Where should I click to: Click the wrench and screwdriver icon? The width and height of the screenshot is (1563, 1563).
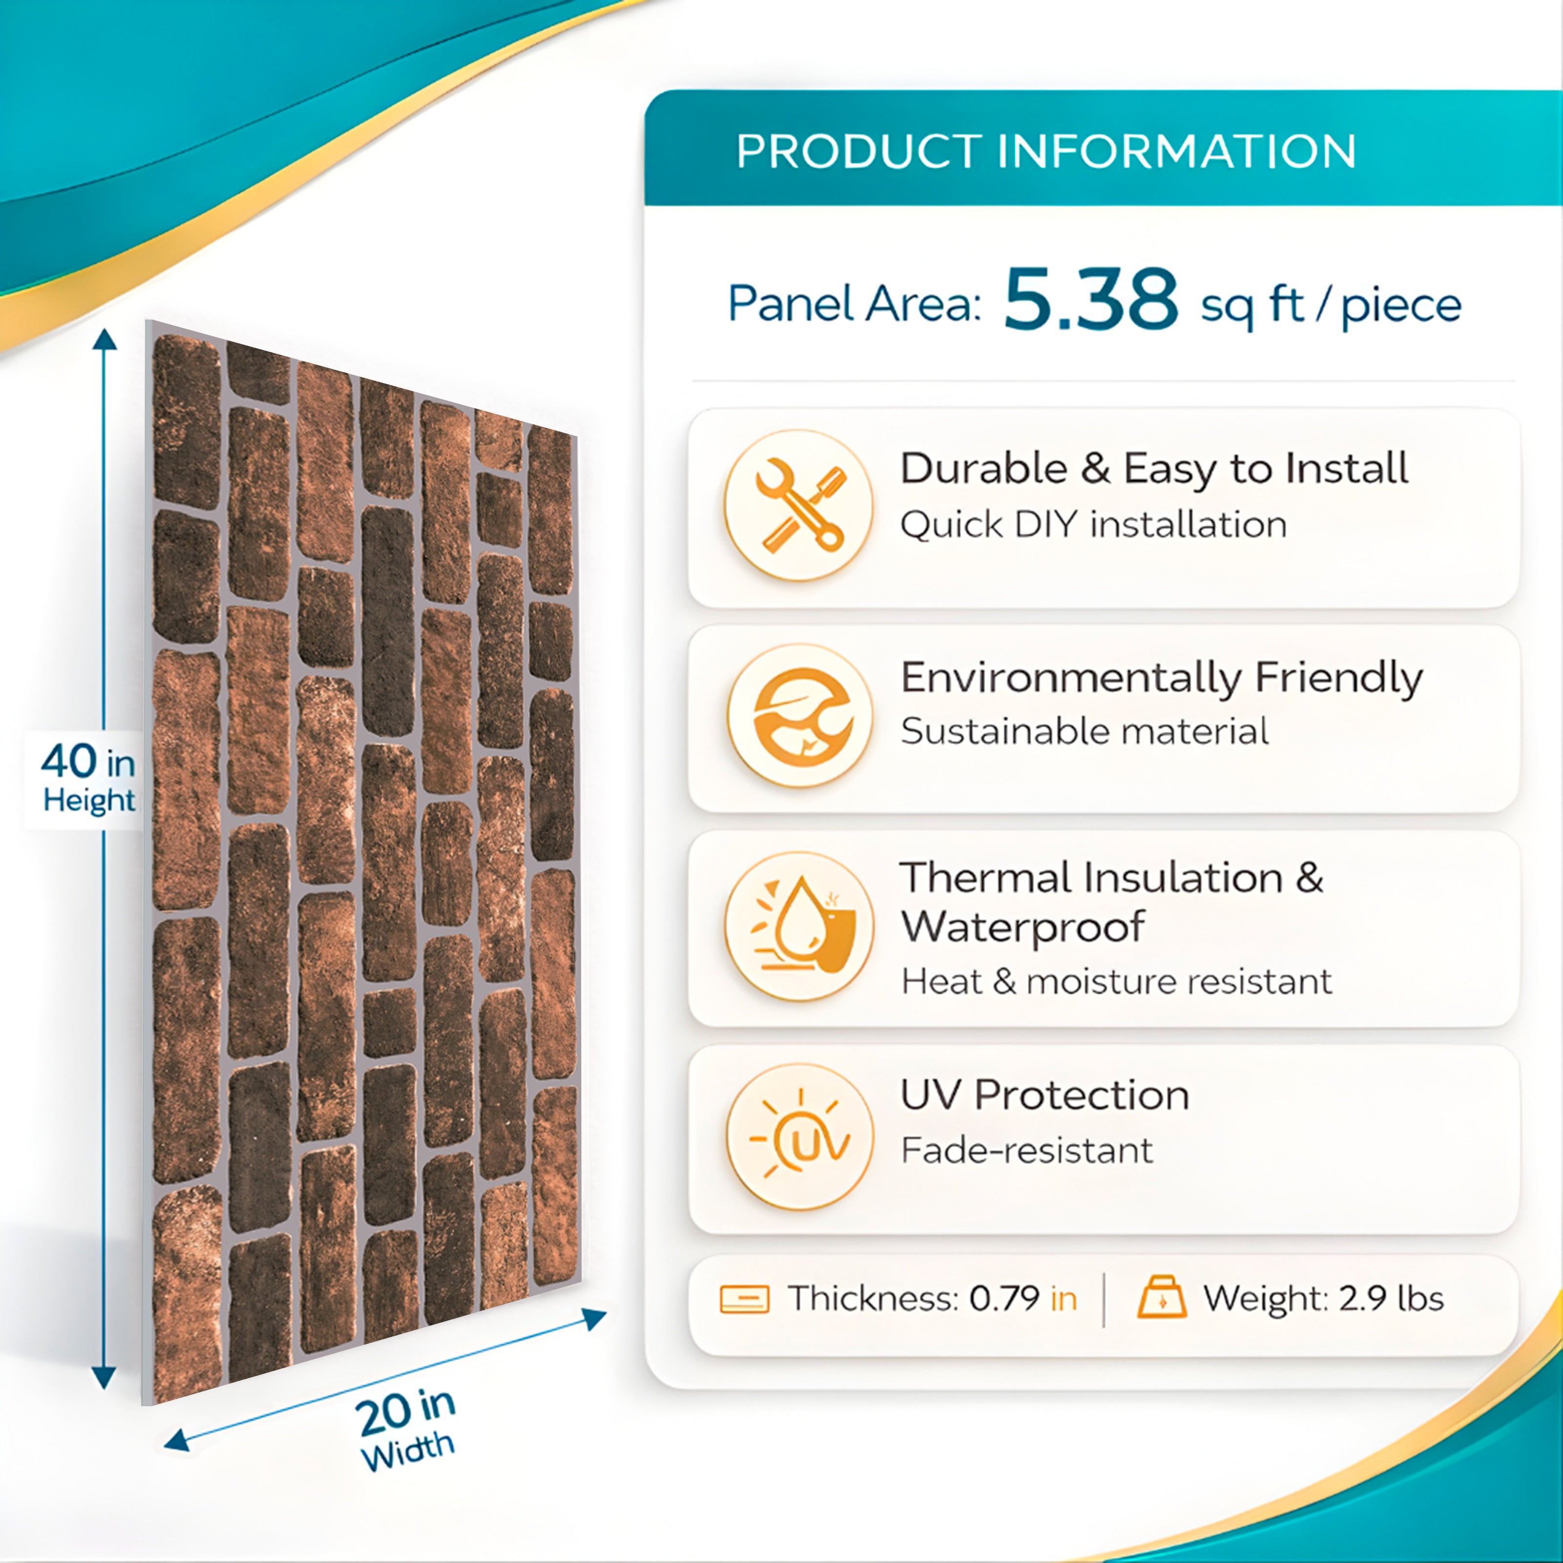coord(799,506)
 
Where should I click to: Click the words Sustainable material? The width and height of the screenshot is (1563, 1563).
coord(1084,731)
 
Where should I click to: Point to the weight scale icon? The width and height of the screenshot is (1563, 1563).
coord(1162,1298)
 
